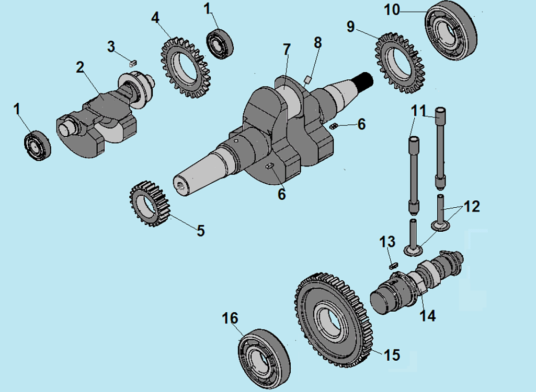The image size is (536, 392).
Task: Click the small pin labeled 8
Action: click(308, 80)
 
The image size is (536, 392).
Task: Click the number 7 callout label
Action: click(287, 50)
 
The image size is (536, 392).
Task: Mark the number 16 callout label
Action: click(230, 318)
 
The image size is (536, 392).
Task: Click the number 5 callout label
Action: click(201, 230)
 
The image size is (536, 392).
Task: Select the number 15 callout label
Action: click(392, 355)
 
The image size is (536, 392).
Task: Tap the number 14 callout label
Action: click(427, 315)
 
